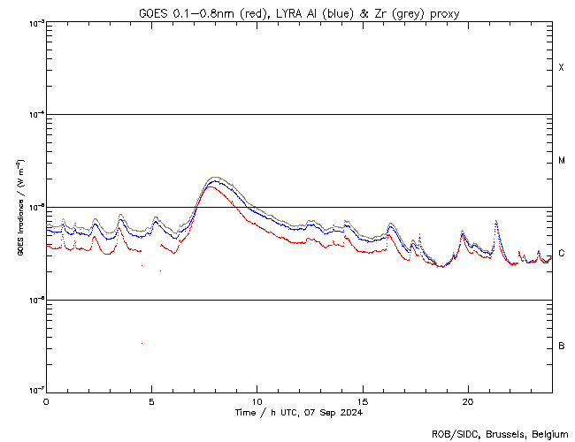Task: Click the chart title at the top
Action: (x=298, y=13)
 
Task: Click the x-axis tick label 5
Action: (x=151, y=400)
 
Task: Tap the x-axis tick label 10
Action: (x=257, y=400)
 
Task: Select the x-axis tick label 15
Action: (x=362, y=400)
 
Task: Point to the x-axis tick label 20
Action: (x=467, y=400)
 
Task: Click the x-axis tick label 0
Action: (x=46, y=400)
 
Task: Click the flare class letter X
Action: (x=562, y=68)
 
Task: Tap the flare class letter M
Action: (x=562, y=161)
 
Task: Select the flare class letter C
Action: (x=562, y=254)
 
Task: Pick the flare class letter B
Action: (x=562, y=346)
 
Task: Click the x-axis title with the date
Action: (x=299, y=413)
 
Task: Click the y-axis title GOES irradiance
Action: (x=19, y=207)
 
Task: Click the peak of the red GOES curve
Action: (x=210, y=187)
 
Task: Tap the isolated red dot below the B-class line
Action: (x=142, y=343)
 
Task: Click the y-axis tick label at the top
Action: (x=34, y=23)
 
